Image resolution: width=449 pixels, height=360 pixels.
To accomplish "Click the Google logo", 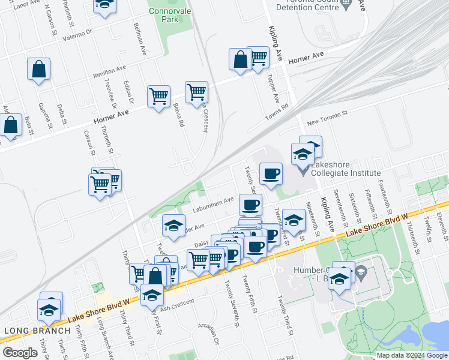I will (20, 353).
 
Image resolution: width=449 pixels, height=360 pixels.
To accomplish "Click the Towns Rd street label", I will (277, 113).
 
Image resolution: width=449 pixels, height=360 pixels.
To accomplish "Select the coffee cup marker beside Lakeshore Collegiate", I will (270, 174).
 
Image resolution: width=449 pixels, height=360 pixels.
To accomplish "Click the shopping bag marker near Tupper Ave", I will (240, 59).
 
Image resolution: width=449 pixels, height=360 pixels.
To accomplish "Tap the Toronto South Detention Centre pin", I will (346, 5).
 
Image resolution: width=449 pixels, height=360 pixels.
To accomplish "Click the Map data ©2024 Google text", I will (411, 355).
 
